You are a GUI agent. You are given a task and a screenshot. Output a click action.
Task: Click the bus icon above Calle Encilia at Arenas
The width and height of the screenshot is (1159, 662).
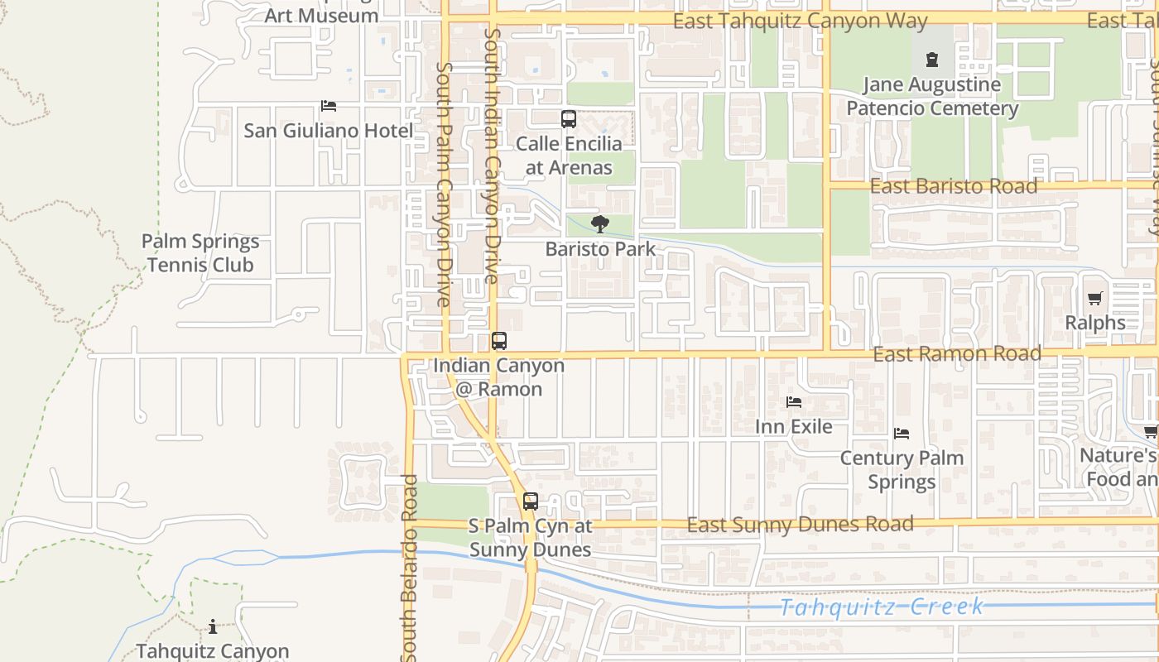(569, 119)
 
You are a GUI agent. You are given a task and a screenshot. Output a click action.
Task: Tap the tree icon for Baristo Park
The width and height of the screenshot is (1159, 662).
(600, 223)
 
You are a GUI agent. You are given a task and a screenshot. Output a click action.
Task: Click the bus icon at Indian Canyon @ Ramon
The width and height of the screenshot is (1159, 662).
(499, 341)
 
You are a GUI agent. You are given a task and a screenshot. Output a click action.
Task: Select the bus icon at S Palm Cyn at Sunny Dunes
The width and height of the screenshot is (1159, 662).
(531, 501)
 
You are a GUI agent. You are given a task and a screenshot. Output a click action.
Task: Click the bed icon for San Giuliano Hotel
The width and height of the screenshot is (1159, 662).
(329, 106)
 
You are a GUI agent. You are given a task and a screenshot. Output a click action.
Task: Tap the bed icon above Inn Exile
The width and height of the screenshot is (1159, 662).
(794, 402)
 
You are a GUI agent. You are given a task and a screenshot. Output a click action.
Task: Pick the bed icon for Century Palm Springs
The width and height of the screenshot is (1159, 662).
(902, 434)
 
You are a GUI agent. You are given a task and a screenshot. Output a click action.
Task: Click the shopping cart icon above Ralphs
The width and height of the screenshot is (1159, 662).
(1095, 299)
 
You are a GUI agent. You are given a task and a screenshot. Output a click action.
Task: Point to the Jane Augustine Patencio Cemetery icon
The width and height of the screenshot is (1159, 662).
(932, 60)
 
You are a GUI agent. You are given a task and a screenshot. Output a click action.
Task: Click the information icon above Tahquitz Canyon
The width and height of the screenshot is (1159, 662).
(213, 627)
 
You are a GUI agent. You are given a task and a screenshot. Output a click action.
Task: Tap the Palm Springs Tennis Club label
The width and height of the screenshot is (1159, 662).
(200, 253)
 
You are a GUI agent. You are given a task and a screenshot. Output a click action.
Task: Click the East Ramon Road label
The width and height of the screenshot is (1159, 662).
(957, 354)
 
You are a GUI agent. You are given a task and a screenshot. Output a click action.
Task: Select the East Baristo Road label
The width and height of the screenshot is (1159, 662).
(953, 186)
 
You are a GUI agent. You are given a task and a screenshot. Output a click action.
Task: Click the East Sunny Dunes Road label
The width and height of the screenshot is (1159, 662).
(800, 524)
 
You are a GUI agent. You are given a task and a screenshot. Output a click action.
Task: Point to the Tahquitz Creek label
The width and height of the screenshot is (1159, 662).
(882, 607)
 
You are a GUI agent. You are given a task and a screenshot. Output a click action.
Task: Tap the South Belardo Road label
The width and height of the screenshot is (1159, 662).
(409, 567)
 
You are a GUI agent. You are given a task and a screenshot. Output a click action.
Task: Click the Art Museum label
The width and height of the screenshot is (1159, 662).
(321, 15)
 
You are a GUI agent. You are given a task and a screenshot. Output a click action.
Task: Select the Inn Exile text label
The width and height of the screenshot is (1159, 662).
(794, 426)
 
